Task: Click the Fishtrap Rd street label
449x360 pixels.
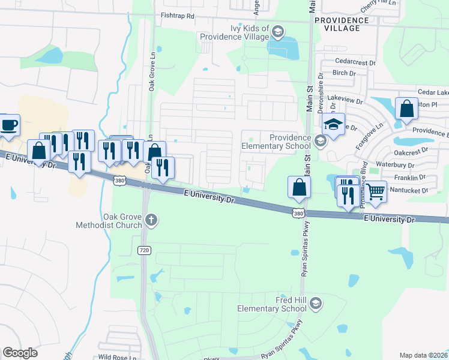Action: pos(173,17)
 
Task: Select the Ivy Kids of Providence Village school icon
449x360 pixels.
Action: pos(277,31)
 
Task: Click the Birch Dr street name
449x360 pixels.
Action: pos(344,73)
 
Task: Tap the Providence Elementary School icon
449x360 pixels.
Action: pos(320,141)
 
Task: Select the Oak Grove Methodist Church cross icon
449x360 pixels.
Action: pos(151,220)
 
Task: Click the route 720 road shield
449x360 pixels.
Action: pos(143,251)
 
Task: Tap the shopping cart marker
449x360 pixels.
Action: pos(376,192)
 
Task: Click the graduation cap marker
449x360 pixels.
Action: pos(333,124)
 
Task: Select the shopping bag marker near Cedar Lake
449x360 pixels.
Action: pos(406,110)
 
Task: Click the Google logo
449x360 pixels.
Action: pos(20,353)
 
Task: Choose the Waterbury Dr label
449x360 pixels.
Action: pos(395,164)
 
